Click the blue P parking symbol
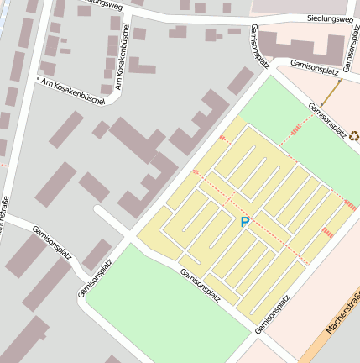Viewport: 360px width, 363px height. point(244,222)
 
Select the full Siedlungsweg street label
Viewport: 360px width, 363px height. point(328,18)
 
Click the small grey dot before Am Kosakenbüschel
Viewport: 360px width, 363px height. point(38,80)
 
